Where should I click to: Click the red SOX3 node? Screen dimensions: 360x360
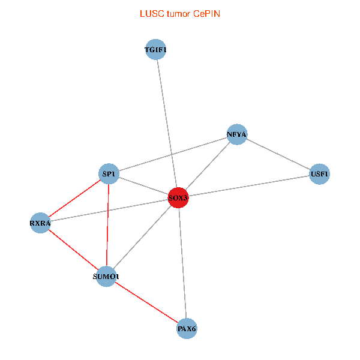[178, 197]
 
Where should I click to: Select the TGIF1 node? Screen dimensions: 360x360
[155, 49]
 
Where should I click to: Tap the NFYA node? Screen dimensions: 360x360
[237, 134]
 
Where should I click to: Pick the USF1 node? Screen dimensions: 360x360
[319, 174]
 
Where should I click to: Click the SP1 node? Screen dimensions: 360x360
[109, 174]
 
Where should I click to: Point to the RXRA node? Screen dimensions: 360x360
[40, 223]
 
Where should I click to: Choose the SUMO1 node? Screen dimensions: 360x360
[106, 277]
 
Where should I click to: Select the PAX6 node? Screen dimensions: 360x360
[187, 329]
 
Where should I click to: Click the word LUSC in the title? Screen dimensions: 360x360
[152, 14]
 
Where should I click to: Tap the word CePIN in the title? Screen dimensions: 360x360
[206, 14]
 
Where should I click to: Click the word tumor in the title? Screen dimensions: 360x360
[179, 14]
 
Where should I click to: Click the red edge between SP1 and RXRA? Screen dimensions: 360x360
[74, 199]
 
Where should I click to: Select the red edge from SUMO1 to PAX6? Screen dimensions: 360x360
[146, 302]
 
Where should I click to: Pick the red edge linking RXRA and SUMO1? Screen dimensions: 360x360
[73, 250]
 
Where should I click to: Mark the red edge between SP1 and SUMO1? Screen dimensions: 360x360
[107, 225]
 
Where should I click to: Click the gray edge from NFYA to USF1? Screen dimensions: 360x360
[278, 154]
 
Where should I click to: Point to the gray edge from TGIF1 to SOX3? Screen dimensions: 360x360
[167, 124]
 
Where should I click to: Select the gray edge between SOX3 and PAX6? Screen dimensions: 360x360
[183, 263]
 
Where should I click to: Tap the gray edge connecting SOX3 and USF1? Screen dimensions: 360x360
[249, 186]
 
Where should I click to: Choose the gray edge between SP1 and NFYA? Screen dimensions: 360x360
[173, 154]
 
